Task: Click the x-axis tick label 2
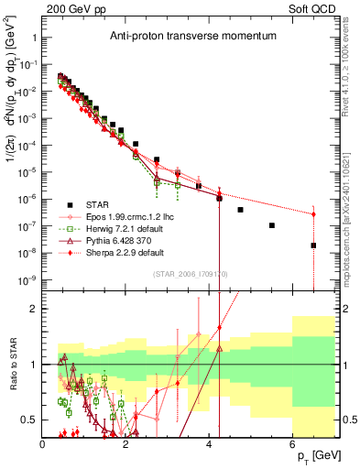126,443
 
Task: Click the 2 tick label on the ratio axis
33,309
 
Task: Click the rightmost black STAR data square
313,245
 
